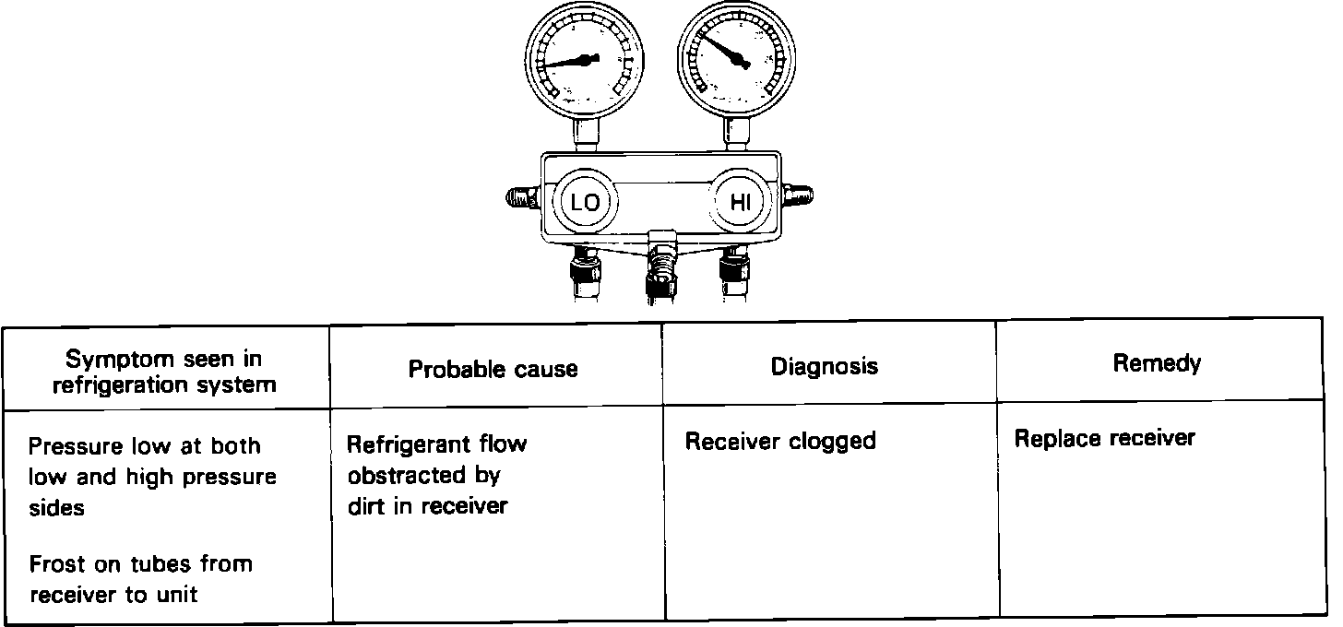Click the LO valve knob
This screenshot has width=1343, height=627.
point(585,203)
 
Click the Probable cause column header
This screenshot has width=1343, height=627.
point(493,370)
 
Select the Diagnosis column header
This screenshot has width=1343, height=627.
point(825,367)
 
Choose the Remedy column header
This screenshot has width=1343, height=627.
point(1157,363)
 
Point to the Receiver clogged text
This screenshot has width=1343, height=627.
point(780,442)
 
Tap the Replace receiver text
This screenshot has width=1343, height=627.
point(1104,438)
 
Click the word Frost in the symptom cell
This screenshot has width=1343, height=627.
point(56,563)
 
